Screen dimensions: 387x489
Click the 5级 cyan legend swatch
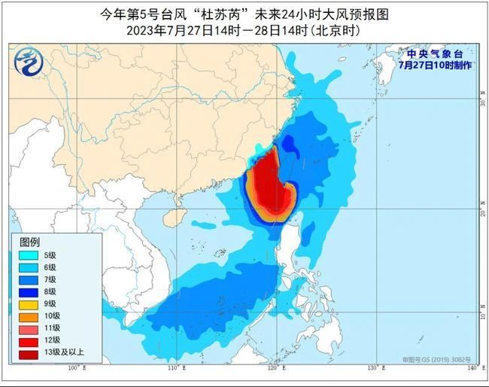31,256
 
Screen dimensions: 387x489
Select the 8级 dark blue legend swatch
31,291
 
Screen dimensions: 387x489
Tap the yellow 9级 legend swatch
31,304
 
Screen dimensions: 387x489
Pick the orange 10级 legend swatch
31,316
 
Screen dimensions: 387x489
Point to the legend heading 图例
29,242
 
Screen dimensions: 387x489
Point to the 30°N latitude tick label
481,102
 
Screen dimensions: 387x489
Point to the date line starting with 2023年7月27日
244,30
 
